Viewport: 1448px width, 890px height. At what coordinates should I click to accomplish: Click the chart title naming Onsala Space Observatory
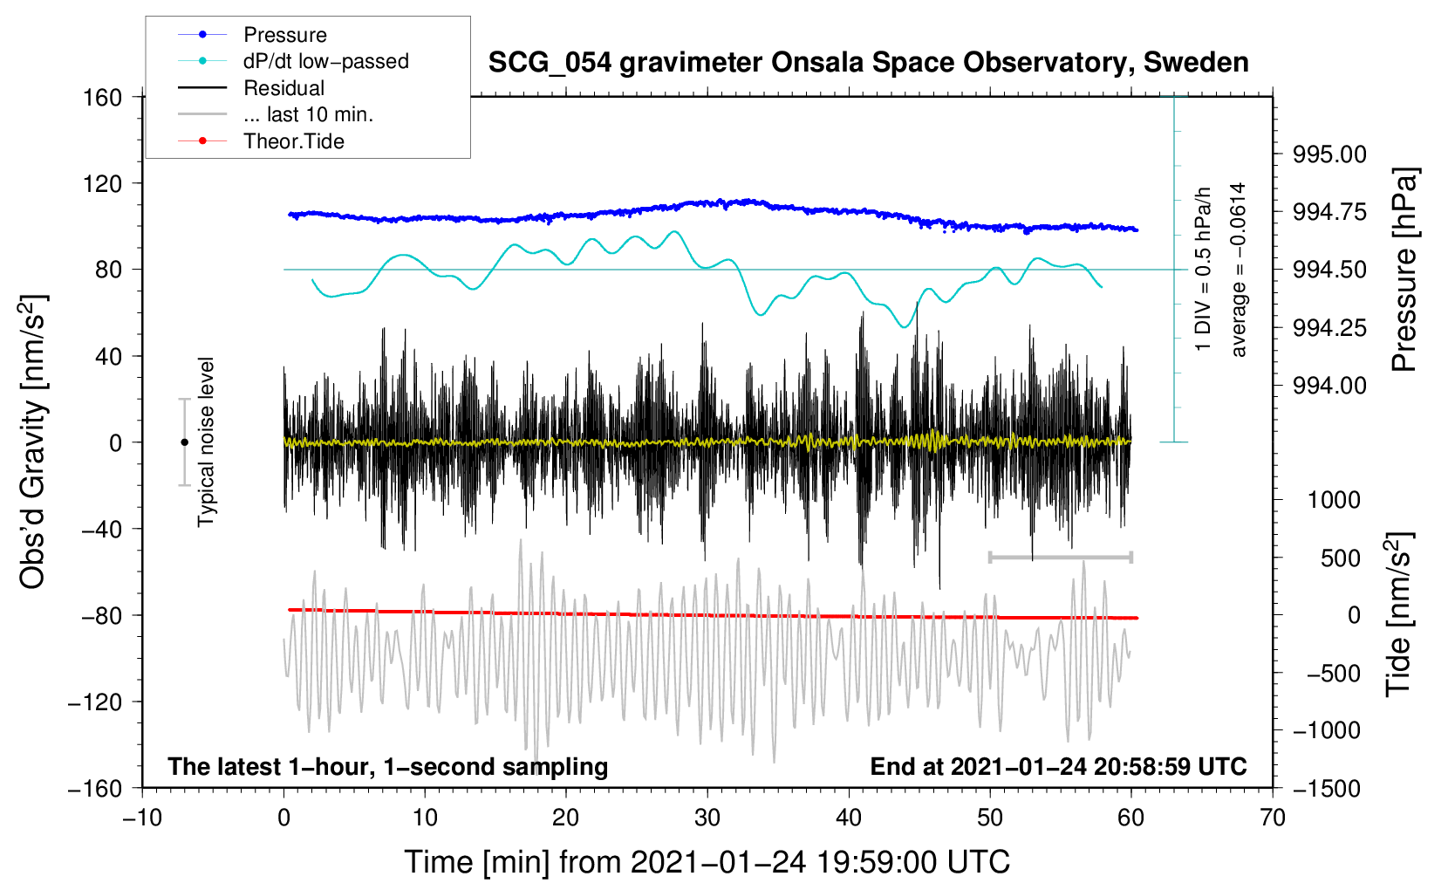(868, 63)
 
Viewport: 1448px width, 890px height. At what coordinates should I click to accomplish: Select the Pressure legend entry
(284, 35)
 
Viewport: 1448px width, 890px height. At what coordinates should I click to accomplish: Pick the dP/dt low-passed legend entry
(325, 61)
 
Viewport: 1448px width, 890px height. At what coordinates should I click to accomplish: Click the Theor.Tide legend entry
(293, 141)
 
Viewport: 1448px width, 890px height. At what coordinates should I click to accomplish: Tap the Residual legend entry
(283, 88)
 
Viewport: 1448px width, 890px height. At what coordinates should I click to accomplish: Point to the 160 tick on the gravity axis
(103, 97)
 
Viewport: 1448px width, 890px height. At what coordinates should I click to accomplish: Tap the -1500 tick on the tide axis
(1326, 788)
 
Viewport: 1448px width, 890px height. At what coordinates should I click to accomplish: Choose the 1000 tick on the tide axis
(1334, 500)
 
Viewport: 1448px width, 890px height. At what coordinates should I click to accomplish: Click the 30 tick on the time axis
(707, 818)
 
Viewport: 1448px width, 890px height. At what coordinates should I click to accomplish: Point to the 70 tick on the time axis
(1273, 818)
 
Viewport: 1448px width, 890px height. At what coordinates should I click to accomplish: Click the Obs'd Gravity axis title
(33, 442)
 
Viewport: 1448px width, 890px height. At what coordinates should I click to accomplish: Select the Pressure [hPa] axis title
(1404, 270)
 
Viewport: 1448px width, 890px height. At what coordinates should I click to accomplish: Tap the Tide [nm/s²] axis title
(1399, 615)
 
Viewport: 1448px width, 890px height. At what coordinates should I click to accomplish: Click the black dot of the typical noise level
(184, 442)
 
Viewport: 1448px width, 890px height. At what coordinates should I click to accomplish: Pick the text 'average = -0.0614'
(1239, 270)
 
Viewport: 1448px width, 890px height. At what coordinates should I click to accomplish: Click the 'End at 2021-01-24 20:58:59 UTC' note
(1058, 767)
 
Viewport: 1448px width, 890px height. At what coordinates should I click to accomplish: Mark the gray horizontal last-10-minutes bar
(1060, 557)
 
